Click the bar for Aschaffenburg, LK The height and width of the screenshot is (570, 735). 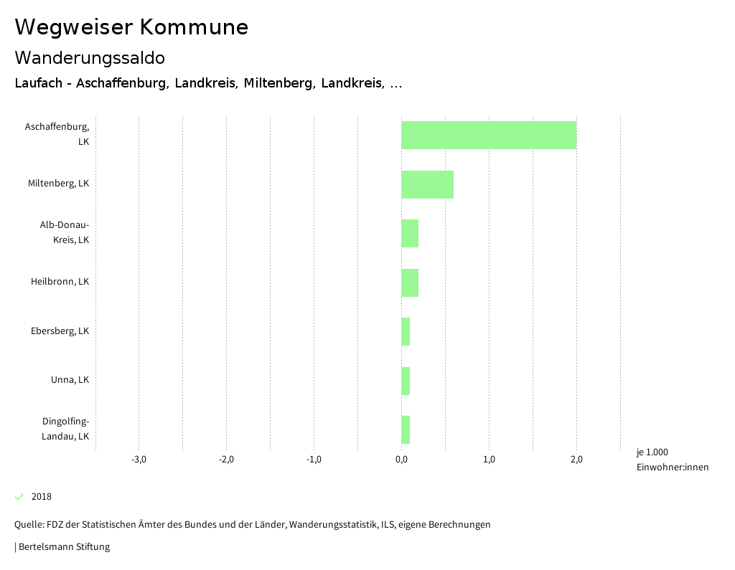coord(489,135)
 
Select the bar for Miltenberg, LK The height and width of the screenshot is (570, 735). coord(427,184)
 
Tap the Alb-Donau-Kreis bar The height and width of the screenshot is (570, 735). coord(410,233)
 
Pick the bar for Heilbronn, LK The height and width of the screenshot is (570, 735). coord(410,282)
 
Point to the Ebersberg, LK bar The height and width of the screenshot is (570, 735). coord(406,331)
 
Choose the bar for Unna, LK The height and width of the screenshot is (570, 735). coord(406,381)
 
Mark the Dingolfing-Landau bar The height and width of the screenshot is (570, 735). coord(406,429)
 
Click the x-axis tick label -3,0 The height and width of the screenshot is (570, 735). coord(139,460)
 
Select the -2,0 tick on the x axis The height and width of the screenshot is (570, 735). coord(226,460)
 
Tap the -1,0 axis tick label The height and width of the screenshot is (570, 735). coord(314,460)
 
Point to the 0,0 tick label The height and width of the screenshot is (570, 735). coord(401,460)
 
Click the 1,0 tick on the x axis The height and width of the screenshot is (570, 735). coord(489,460)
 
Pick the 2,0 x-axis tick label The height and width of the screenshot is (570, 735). coord(576,460)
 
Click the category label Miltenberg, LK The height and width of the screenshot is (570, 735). coord(59,184)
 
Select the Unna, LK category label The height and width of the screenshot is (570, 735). coord(70,380)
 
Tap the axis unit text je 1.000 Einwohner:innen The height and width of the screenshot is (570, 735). coord(672,460)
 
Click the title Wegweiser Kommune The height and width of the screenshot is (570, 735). coord(131,27)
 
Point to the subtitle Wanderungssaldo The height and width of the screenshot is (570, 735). coord(90,57)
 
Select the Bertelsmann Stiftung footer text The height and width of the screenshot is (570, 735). coord(63,547)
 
